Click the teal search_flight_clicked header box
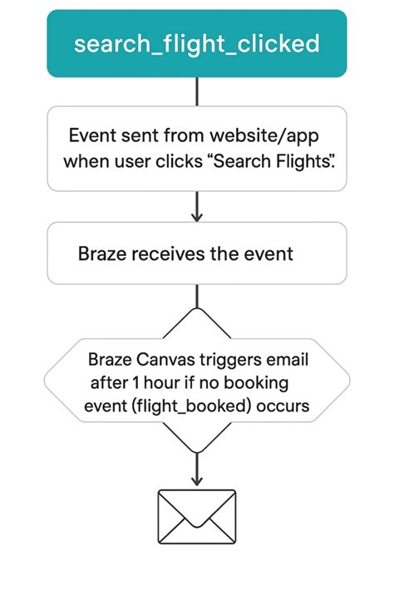pyautogui.click(x=196, y=43)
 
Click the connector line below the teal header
pyautogui.click(x=196, y=91)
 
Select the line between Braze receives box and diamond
pyautogui.click(x=196, y=296)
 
